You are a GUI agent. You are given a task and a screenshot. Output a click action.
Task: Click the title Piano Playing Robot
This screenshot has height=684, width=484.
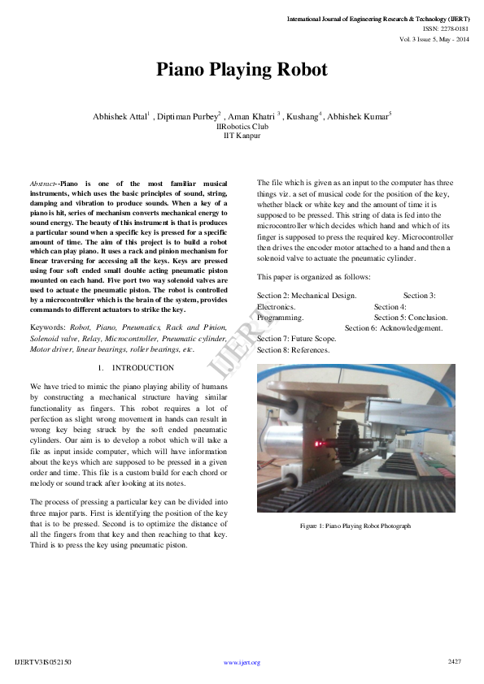242,71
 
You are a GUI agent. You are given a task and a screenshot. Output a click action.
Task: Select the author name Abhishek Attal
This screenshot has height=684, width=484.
120,116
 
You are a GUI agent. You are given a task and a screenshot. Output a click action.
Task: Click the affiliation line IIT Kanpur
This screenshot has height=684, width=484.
242,136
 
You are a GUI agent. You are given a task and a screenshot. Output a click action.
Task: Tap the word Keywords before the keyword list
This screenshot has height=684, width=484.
48,327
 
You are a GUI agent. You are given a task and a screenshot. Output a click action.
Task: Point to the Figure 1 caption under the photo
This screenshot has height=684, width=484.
355,526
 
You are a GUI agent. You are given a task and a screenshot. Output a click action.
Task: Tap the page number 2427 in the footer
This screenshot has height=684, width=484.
455,661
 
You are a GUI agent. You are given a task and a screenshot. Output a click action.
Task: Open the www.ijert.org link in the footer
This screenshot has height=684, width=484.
242,662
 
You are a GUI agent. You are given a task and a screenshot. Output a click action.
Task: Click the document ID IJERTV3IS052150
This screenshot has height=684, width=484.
43,662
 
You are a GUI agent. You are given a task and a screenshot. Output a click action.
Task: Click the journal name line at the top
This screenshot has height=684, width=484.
378,18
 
